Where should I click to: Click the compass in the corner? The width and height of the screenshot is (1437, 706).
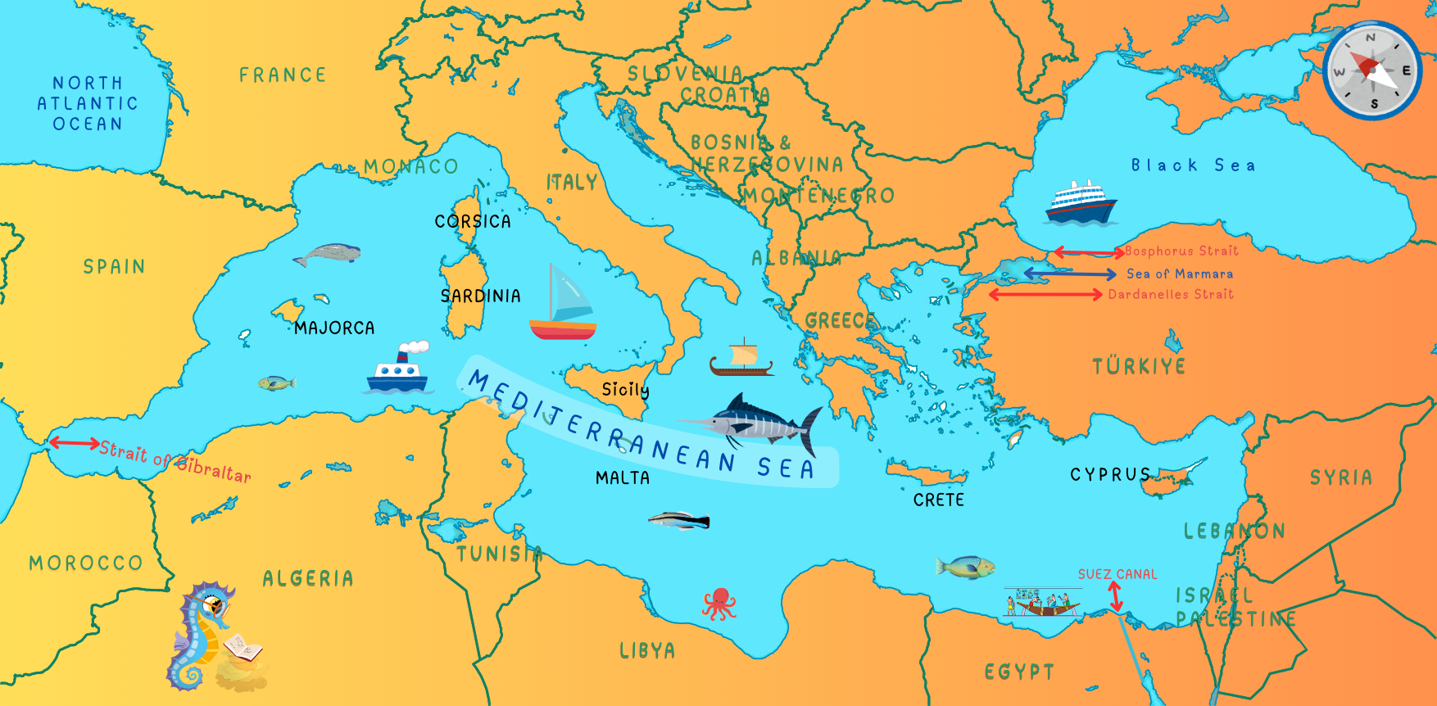pos(1372,70)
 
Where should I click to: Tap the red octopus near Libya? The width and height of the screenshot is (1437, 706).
pos(718,604)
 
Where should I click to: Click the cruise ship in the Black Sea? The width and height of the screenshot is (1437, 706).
pos(1081,202)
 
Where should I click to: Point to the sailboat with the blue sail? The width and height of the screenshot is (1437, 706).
pos(562,303)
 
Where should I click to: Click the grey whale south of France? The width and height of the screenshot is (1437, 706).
pos(328,255)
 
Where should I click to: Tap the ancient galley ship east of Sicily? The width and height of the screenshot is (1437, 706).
pos(741,358)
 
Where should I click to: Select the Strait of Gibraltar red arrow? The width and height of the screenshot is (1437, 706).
pos(74,443)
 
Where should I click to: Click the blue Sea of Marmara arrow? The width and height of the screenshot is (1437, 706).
pos(1069,274)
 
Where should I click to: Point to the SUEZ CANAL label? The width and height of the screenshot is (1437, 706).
pos(1117,574)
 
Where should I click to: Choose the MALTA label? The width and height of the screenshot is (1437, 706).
pos(623,477)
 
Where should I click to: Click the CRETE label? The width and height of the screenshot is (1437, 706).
pos(939,500)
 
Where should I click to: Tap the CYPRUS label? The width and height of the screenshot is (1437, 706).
pos(1110,475)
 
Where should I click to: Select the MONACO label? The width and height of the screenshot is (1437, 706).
pos(410,167)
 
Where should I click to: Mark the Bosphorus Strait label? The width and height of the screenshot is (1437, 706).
pos(1181,251)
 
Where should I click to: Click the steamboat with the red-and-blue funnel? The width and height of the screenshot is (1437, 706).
pos(397,369)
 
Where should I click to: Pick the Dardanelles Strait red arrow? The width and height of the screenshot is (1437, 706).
pos(1045,294)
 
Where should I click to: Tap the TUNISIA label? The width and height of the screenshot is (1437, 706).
pos(499,554)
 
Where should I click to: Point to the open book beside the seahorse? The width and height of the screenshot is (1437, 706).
pos(243,648)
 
